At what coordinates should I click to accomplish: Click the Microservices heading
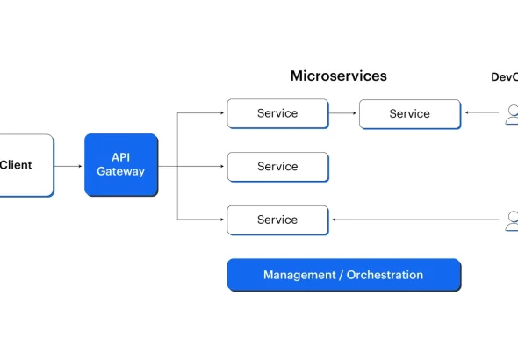[x=339, y=76]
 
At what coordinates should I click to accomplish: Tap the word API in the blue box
[x=120, y=157]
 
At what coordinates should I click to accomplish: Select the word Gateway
[x=120, y=171]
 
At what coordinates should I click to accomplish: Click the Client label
[x=16, y=165]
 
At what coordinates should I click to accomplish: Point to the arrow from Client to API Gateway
[x=68, y=166]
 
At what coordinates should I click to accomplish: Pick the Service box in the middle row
[x=277, y=167]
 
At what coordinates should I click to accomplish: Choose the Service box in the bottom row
[x=277, y=220]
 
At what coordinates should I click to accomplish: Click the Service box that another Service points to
[x=410, y=114]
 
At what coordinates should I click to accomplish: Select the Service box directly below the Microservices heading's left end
[x=277, y=113]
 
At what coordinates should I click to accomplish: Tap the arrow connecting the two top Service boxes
[x=342, y=113]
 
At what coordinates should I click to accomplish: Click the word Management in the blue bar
[x=299, y=275]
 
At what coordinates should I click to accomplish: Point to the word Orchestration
[x=385, y=275]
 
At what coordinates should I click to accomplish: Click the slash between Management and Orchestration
[x=342, y=275]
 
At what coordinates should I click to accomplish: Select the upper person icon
[x=512, y=115]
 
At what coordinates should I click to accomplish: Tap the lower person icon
[x=512, y=221]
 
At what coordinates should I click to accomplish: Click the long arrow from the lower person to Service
[x=415, y=220]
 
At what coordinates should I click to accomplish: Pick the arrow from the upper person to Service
[x=482, y=112]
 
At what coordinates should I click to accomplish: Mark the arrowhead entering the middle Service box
[x=222, y=166]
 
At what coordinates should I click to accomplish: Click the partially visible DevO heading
[x=505, y=77]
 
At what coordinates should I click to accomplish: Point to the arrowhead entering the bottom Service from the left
[x=222, y=220]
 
